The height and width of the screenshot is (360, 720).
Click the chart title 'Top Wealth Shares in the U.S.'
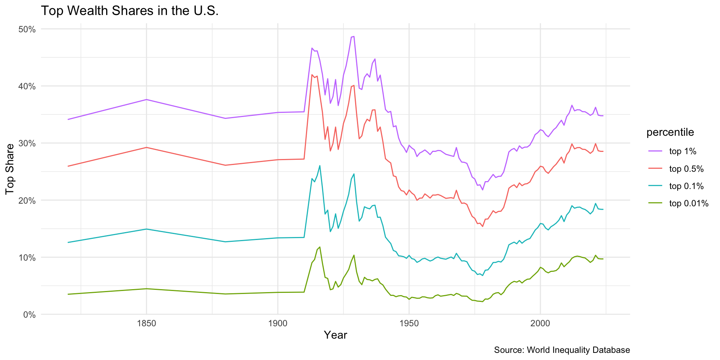point(129,11)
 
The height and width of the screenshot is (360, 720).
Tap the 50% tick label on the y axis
point(27,29)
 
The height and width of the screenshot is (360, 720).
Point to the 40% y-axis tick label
point(27,86)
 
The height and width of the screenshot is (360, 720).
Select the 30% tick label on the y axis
point(27,143)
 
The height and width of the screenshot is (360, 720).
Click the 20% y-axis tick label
point(27,200)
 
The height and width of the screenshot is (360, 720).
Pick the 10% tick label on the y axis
point(27,258)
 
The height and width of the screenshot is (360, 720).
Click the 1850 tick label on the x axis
point(146,324)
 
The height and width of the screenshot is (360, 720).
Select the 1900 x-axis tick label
point(277,324)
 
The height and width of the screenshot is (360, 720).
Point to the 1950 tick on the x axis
point(409,324)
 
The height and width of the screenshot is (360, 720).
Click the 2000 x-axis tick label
point(540,324)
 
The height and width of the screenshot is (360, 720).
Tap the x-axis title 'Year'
point(335,335)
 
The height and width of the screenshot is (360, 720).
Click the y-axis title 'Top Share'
point(10,169)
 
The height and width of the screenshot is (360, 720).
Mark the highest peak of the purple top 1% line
point(354,36)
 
